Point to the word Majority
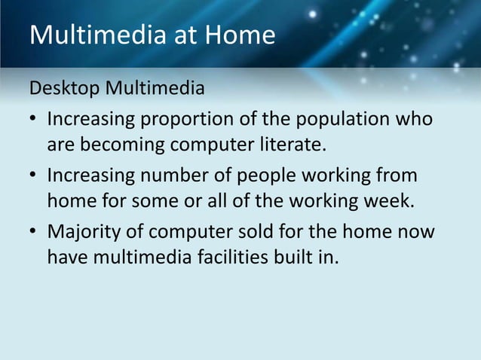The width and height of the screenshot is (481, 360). click(x=84, y=232)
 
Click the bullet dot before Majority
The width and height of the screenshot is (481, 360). click(x=35, y=233)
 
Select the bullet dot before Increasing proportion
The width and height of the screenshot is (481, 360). click(x=35, y=121)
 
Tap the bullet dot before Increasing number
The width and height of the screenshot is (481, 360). click(x=35, y=177)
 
